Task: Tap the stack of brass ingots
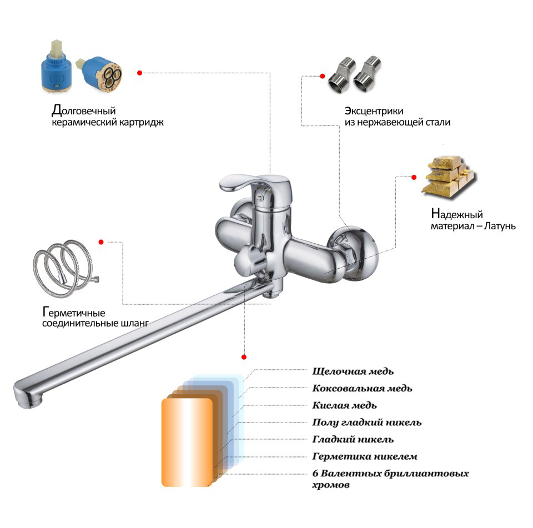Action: (449, 177)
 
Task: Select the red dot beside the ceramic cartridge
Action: (139, 73)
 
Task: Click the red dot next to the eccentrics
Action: (322, 76)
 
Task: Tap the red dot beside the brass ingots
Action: (414, 177)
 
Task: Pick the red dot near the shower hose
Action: (101, 242)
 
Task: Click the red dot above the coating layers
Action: (244, 357)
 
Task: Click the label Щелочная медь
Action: (353, 371)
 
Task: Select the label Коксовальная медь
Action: (362, 388)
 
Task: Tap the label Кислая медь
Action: (344, 405)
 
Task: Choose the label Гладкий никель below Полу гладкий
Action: (353, 439)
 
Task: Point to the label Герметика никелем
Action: (364, 456)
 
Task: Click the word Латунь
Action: (500, 226)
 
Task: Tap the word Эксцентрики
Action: (374, 111)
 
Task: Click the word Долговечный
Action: (84, 110)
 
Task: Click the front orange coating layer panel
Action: (187, 442)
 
